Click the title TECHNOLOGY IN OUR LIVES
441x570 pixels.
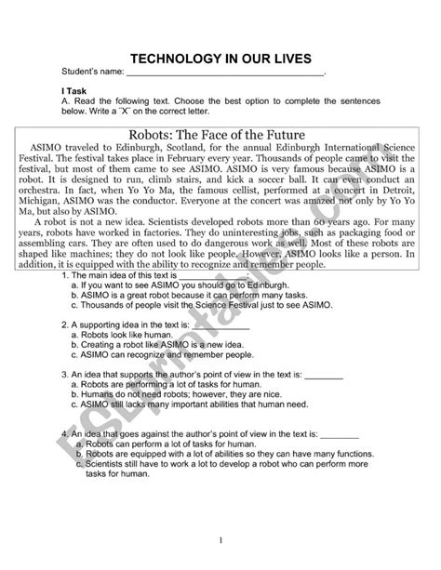click(x=220, y=54)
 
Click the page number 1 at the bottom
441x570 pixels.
click(x=220, y=540)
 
